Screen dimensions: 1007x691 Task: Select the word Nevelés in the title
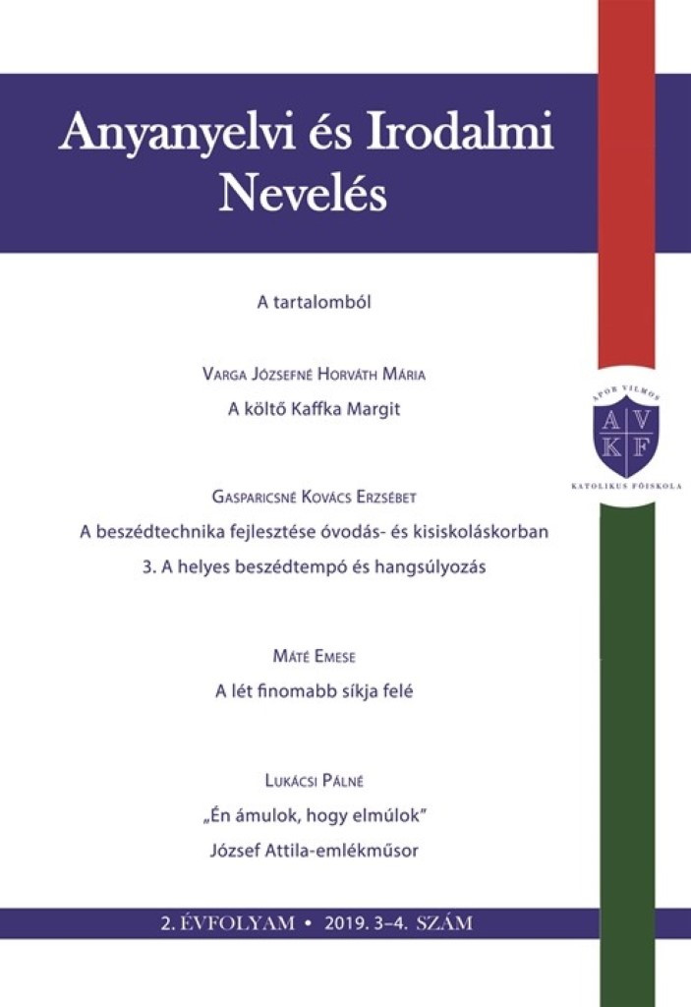click(x=303, y=194)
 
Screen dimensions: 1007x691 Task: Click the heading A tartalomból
click(x=313, y=303)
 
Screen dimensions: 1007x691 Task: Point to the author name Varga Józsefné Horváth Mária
click(x=312, y=375)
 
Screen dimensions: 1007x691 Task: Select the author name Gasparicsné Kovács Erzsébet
click(x=312, y=498)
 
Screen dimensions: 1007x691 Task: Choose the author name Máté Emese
click(x=312, y=654)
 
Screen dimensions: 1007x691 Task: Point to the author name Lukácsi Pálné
click(x=312, y=781)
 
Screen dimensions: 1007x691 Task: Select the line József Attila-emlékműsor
click(x=314, y=851)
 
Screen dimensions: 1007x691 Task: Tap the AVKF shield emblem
click(x=626, y=436)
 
